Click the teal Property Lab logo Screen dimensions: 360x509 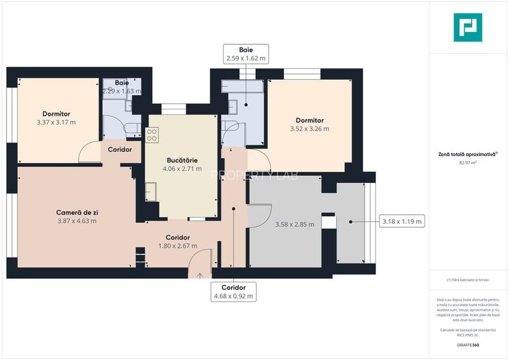[467, 27]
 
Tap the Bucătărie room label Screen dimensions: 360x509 [182, 159]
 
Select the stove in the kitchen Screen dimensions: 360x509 [152, 135]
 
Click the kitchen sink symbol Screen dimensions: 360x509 [150, 191]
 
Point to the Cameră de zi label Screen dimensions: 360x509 [76, 212]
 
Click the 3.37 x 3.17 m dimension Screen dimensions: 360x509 [56, 122]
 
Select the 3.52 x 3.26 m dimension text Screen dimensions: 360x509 [309, 129]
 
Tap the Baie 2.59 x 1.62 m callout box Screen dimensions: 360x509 [246, 54]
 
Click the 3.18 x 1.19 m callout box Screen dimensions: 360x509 [402, 222]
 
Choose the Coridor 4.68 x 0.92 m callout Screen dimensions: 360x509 [233, 292]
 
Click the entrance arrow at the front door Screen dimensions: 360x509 [200, 276]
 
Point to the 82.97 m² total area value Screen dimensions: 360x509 [467, 163]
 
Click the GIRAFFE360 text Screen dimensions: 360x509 [467, 345]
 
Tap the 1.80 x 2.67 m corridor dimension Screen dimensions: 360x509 [177, 246]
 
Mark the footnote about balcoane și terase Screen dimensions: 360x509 [467, 280]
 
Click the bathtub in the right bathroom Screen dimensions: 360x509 [242, 87]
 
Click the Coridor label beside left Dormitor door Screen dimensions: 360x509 [120, 150]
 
